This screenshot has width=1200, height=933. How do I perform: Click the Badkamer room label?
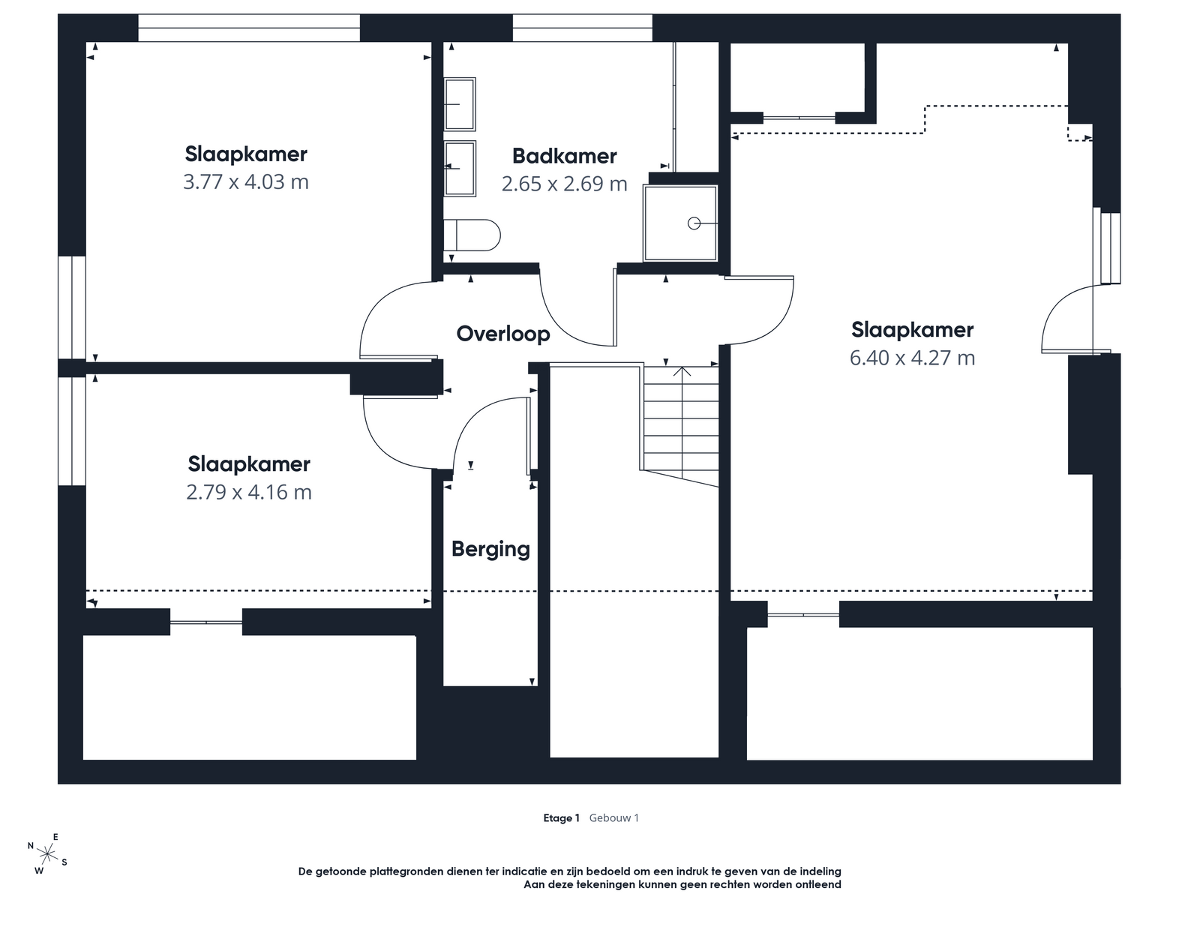pyautogui.click(x=564, y=156)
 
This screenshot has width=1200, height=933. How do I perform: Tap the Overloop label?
pyautogui.click(x=503, y=334)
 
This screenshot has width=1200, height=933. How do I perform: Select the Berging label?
pyautogui.click(x=490, y=549)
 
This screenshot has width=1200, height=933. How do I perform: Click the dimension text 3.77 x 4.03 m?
pyautogui.click(x=246, y=181)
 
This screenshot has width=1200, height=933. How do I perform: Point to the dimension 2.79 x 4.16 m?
pyautogui.click(x=248, y=492)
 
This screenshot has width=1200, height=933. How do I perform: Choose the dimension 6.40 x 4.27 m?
pyautogui.click(x=912, y=358)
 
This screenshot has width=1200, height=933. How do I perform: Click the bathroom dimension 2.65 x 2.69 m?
pyautogui.click(x=565, y=184)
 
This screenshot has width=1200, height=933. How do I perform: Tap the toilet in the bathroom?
pyautogui.click(x=472, y=235)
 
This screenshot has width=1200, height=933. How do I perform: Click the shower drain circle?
pyautogui.click(x=694, y=223)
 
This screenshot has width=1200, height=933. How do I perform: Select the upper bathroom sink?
pyautogui.click(x=460, y=103)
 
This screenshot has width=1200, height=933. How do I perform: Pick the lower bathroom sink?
pyautogui.click(x=460, y=169)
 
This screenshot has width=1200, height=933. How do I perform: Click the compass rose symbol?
pyautogui.click(x=48, y=854)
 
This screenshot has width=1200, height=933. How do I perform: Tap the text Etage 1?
pyautogui.click(x=561, y=817)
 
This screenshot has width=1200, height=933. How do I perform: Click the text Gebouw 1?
pyautogui.click(x=613, y=817)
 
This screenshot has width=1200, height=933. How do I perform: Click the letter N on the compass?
pyautogui.click(x=31, y=846)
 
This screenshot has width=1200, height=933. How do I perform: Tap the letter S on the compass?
pyautogui.click(x=64, y=862)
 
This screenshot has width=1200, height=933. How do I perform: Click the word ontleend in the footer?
pyautogui.click(x=817, y=884)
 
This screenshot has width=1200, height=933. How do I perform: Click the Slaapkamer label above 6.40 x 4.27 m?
pyautogui.click(x=912, y=330)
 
